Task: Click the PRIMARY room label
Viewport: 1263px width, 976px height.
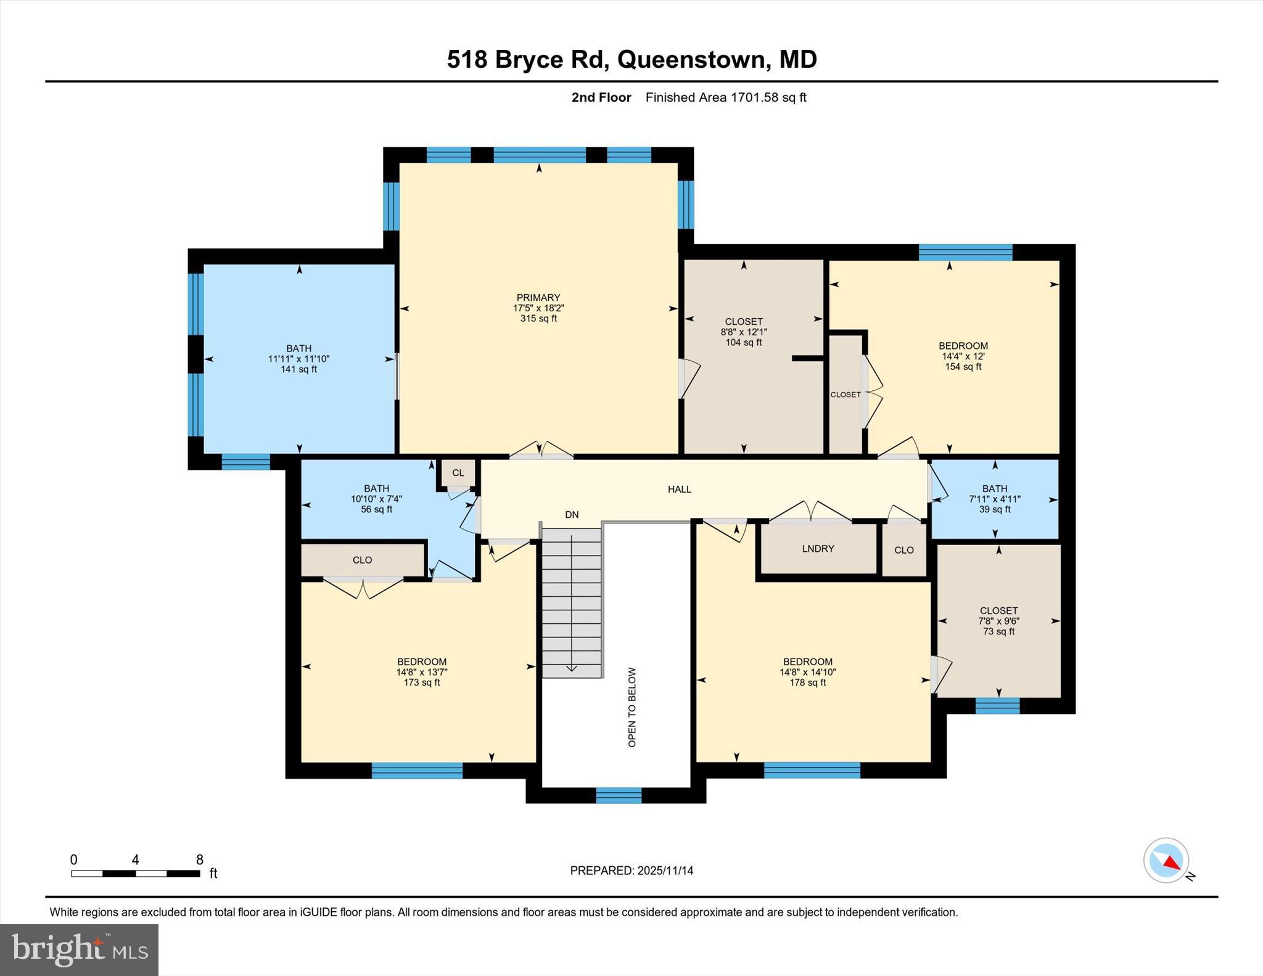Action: click(x=538, y=298)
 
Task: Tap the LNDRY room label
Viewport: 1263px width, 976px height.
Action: click(x=818, y=549)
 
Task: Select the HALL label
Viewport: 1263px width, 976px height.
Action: click(x=679, y=490)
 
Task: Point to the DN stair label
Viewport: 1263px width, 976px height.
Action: click(x=572, y=515)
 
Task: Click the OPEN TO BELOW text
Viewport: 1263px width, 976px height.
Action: click(x=631, y=707)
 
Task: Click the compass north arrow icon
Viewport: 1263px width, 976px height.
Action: click(x=1166, y=860)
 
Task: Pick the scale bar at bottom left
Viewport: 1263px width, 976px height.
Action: click(x=135, y=873)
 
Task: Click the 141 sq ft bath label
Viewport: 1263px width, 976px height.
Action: click(x=298, y=369)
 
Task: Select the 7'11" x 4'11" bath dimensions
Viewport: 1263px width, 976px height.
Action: click(x=995, y=499)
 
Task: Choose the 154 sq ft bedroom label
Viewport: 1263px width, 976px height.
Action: click(x=963, y=367)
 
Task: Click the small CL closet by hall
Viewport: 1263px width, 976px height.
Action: click(x=458, y=473)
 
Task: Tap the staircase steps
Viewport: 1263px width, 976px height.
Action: click(x=572, y=604)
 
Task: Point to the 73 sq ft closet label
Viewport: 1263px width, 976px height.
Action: click(x=998, y=631)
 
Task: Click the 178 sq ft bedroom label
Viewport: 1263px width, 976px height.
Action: click(x=807, y=683)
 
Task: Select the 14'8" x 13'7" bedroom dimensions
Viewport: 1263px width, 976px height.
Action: click(x=422, y=672)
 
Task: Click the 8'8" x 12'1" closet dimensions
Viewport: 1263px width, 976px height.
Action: click(x=744, y=332)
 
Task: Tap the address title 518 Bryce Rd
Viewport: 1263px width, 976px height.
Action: click(x=631, y=59)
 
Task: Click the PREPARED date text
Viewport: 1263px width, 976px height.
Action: click(x=631, y=871)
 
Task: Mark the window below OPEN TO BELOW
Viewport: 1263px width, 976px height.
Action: click(x=619, y=796)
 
